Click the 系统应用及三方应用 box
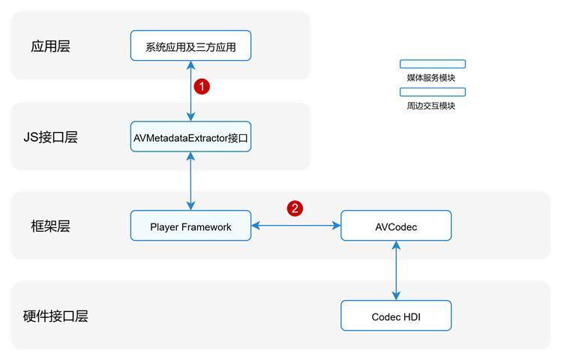coord(190,46)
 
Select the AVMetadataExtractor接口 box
coord(190,137)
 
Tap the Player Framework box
coord(190,226)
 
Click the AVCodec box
coord(396,226)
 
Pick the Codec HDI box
coord(396,316)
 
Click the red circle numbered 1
coord(202,86)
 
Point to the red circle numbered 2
coord(295,208)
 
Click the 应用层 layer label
coord(50,46)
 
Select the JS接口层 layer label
coord(50,137)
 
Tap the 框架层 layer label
coord(50,226)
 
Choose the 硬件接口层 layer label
coord(55,316)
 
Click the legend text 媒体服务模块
coord(431,77)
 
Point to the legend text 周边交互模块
coord(431,106)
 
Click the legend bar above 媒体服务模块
coord(432,64)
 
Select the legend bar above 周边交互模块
coord(432,92)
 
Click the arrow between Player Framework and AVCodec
coord(295,225)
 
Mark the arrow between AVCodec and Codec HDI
coord(396,270)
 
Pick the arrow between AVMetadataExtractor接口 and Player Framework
coord(191,181)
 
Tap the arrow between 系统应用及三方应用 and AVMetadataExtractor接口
coord(191,91)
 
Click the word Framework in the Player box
coord(205,226)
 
